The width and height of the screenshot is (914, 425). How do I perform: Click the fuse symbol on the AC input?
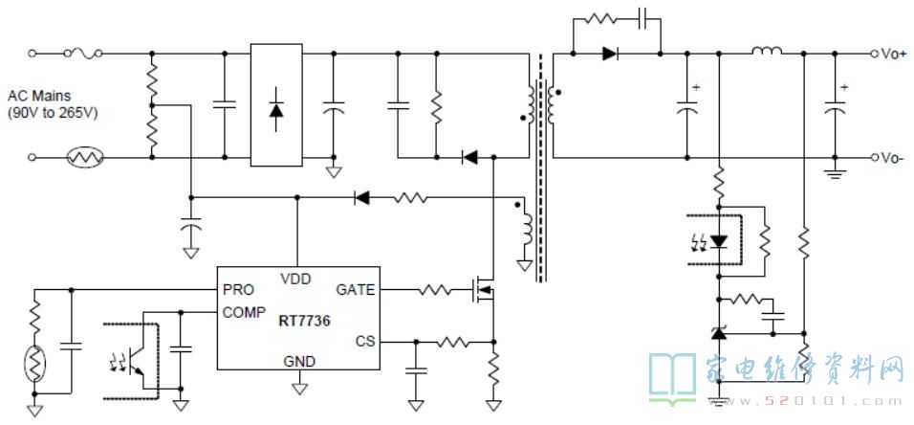[x=83, y=54]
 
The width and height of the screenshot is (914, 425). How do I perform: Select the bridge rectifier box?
[x=276, y=105]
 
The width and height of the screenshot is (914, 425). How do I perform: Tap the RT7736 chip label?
[x=304, y=321]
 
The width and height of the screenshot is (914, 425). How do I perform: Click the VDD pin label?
[x=296, y=280]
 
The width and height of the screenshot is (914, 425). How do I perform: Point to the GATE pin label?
[x=356, y=290]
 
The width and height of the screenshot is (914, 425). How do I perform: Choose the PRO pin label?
[x=238, y=290]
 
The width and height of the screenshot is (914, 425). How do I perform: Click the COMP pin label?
[x=244, y=312]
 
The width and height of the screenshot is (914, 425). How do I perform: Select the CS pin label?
[x=365, y=341]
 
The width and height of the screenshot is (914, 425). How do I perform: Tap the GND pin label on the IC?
[x=299, y=362]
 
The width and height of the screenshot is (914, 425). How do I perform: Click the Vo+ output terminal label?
[x=894, y=54]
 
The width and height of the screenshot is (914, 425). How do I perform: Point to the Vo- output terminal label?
[x=892, y=158]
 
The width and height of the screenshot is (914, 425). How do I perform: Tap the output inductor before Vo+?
[x=767, y=51]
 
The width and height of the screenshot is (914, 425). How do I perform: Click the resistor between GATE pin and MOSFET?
[x=434, y=290]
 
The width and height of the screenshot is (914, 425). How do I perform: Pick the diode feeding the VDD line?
[x=362, y=198]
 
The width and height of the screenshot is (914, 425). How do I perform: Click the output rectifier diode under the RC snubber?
[x=610, y=54]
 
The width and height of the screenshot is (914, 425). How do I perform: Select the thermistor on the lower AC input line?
[x=85, y=158]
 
